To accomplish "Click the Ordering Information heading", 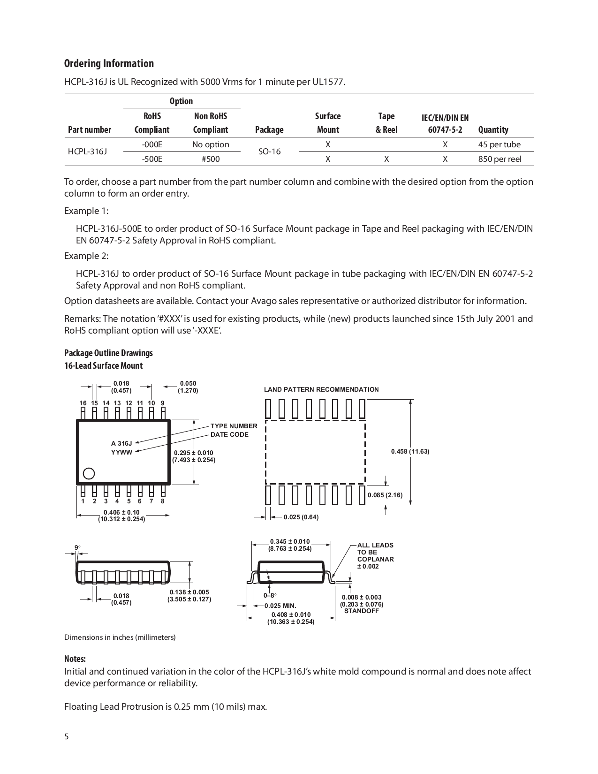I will pos(109,63).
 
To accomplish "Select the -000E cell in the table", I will pos(152,144).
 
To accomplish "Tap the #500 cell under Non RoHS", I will pos(211,159).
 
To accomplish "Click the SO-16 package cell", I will pos(269,152).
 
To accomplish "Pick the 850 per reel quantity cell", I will pos(500,159).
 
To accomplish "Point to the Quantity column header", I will pos(493,129).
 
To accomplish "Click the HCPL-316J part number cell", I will pos(87,152).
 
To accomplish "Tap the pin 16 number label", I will pos(83,403).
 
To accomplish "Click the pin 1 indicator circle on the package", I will pos(89,473).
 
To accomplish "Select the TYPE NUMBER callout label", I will pos(234,426).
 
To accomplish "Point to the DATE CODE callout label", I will pos(229,434).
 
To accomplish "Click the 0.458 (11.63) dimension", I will pos(410,451).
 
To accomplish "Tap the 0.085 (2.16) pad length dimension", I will pos(385,495).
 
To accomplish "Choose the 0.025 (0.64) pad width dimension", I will pos(301,517).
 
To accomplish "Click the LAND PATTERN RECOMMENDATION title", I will pos(321,389).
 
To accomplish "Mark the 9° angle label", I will pos(77,547).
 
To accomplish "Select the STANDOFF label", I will pos(361,611).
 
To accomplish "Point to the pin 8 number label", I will pos(163,501).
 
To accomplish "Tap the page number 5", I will pos(66,736).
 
